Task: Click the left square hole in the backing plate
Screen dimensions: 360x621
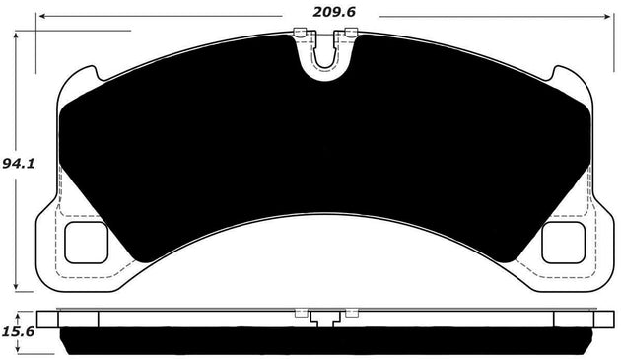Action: pyautogui.click(x=85, y=242)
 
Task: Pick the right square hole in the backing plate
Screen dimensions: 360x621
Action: pyautogui.click(x=563, y=242)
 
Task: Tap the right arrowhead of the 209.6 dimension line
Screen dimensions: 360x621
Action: pyautogui.click(x=602, y=16)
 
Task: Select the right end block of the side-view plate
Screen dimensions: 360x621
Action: pyautogui.click(x=570, y=318)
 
